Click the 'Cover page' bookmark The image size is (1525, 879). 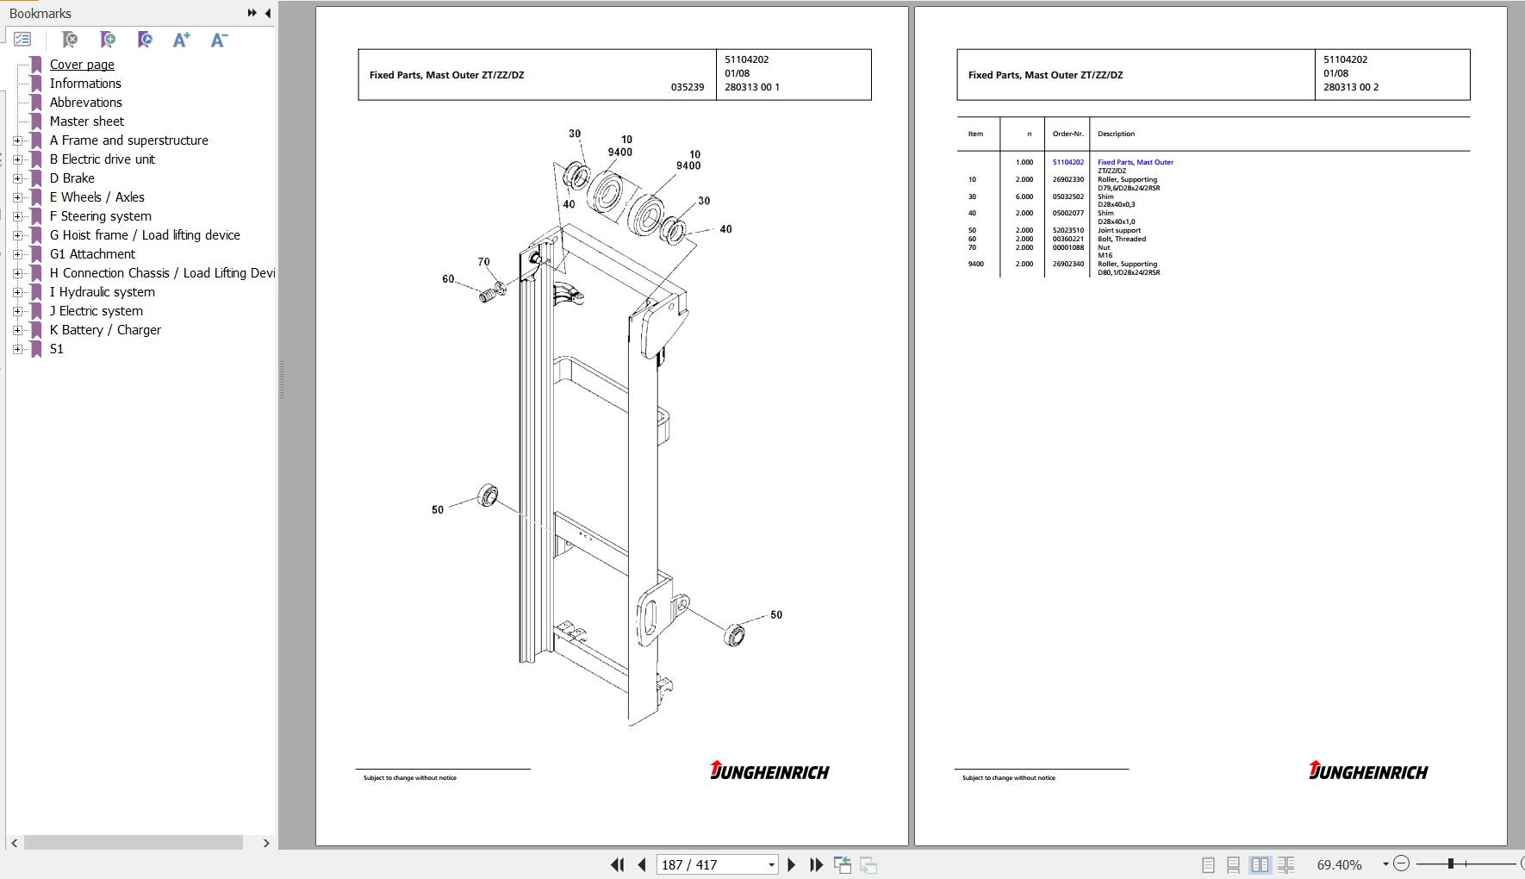pyautogui.click(x=82, y=65)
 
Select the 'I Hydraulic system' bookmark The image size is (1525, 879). pyautogui.click(x=103, y=292)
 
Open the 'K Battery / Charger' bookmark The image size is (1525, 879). pyautogui.click(x=105, y=330)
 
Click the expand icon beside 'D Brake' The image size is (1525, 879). pyautogui.click(x=17, y=178)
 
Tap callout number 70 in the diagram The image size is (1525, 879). pyautogui.click(x=483, y=262)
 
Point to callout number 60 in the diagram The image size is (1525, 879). pyautogui.click(x=448, y=279)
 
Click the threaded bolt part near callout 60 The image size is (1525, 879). pyautogui.click(x=487, y=296)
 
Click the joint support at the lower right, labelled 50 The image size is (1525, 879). pyautogui.click(x=734, y=635)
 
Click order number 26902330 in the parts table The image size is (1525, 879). pyautogui.click(x=1068, y=180)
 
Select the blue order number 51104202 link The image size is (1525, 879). pyautogui.click(x=1068, y=162)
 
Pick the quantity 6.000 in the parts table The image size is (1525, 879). pyautogui.click(x=1024, y=196)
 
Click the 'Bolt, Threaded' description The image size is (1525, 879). pyautogui.click(x=1122, y=239)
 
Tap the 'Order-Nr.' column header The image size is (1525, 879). pyautogui.click(x=1068, y=134)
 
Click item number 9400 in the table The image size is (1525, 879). pyautogui.click(x=975, y=264)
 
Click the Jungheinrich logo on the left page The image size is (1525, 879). pyautogui.click(x=769, y=770)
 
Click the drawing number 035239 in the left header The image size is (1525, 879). pyautogui.click(x=688, y=87)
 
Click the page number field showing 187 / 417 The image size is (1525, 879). pyautogui.click(x=718, y=864)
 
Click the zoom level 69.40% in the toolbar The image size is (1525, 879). pyautogui.click(x=1340, y=864)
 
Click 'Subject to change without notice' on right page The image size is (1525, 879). pyautogui.click(x=1009, y=778)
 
